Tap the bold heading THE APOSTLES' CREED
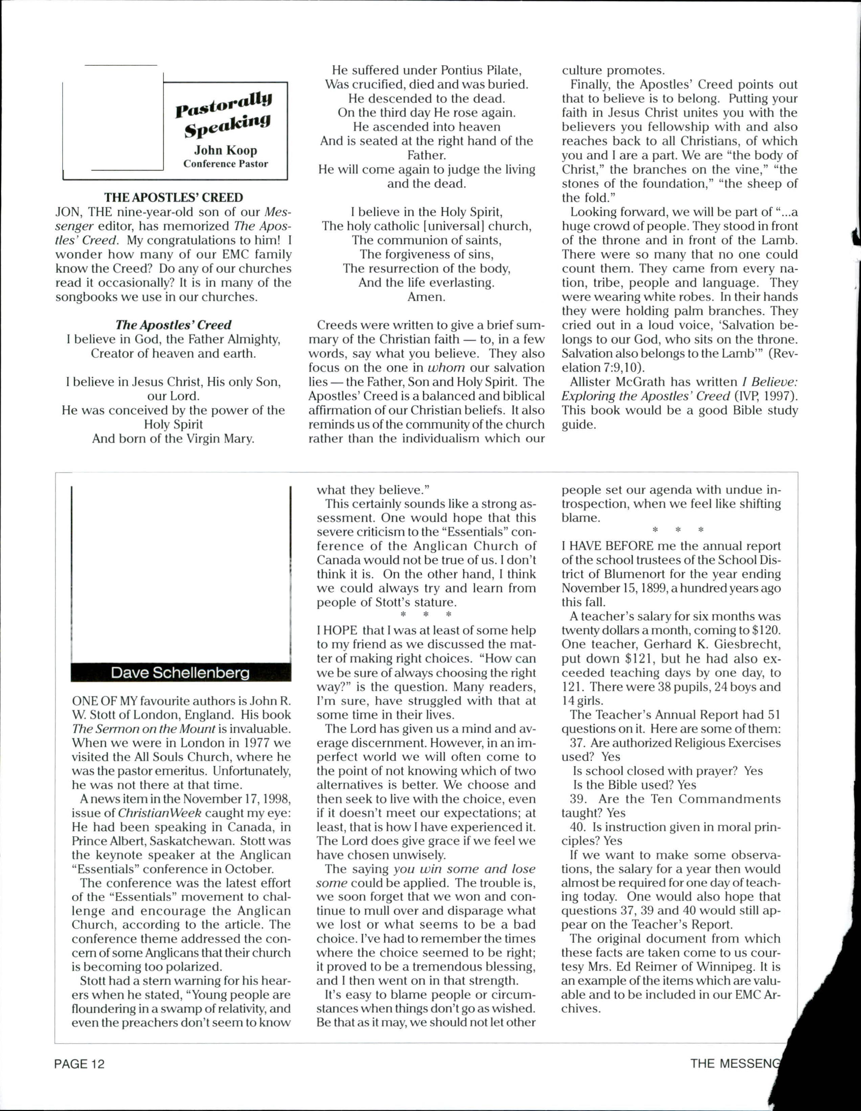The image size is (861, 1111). click(174, 197)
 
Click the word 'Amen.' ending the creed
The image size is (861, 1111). click(426, 296)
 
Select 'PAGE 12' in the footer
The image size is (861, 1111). click(80, 1064)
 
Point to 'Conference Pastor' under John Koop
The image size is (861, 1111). click(225, 164)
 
